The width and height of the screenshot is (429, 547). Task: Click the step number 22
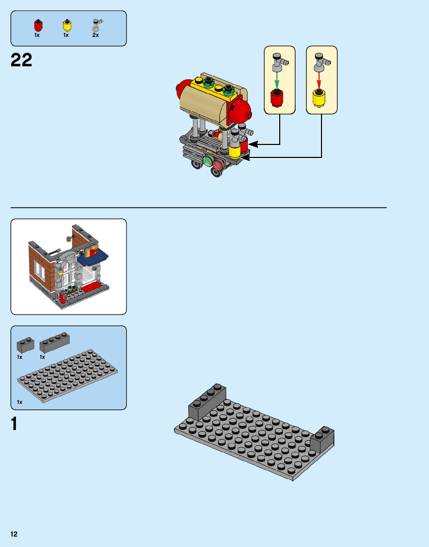[21, 60]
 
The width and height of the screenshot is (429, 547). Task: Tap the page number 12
[14, 534]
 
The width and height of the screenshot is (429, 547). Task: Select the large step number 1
[14, 424]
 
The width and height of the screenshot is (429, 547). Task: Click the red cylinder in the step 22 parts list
[38, 25]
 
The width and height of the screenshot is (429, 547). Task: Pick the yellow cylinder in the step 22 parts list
[67, 25]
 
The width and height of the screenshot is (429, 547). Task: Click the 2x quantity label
[95, 35]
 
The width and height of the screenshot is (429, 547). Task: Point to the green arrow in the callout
[277, 80]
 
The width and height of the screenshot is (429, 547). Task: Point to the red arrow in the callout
[319, 80]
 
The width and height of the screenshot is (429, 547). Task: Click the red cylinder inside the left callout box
[277, 98]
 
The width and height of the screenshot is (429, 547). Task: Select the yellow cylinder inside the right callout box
[319, 98]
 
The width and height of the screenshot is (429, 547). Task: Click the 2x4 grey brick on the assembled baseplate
[207, 402]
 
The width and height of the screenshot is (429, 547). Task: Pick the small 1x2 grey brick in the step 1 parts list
[25, 345]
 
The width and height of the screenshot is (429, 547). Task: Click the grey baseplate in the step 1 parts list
[67, 376]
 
